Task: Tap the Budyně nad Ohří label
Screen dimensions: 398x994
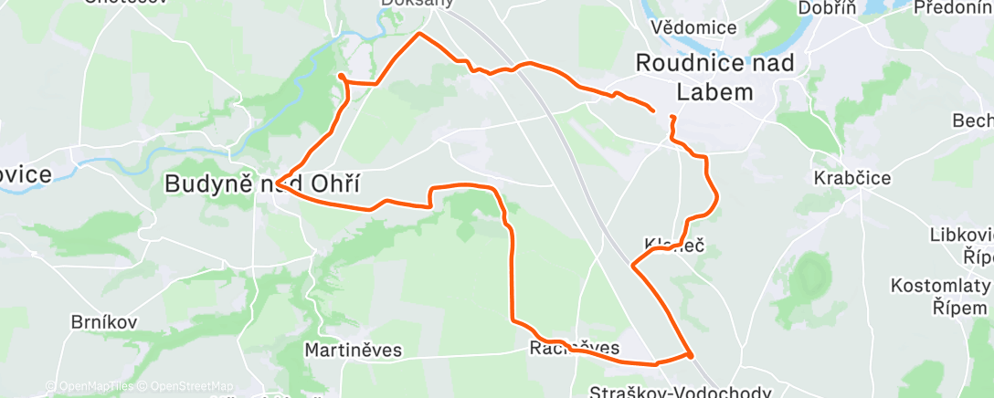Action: pyautogui.click(x=258, y=183)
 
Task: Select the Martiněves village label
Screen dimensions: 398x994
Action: pyautogui.click(x=353, y=350)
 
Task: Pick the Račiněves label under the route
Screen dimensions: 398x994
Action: pyautogui.click(x=575, y=348)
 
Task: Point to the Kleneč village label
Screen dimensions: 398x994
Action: pyautogui.click(x=674, y=245)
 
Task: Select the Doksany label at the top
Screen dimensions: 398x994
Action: pyautogui.click(x=417, y=3)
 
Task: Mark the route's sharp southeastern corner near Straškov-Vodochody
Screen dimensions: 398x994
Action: pyautogui.click(x=690, y=354)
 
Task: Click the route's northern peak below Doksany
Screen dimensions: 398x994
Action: pyautogui.click(x=419, y=34)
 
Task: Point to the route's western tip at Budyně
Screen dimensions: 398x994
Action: pyautogui.click(x=279, y=180)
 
